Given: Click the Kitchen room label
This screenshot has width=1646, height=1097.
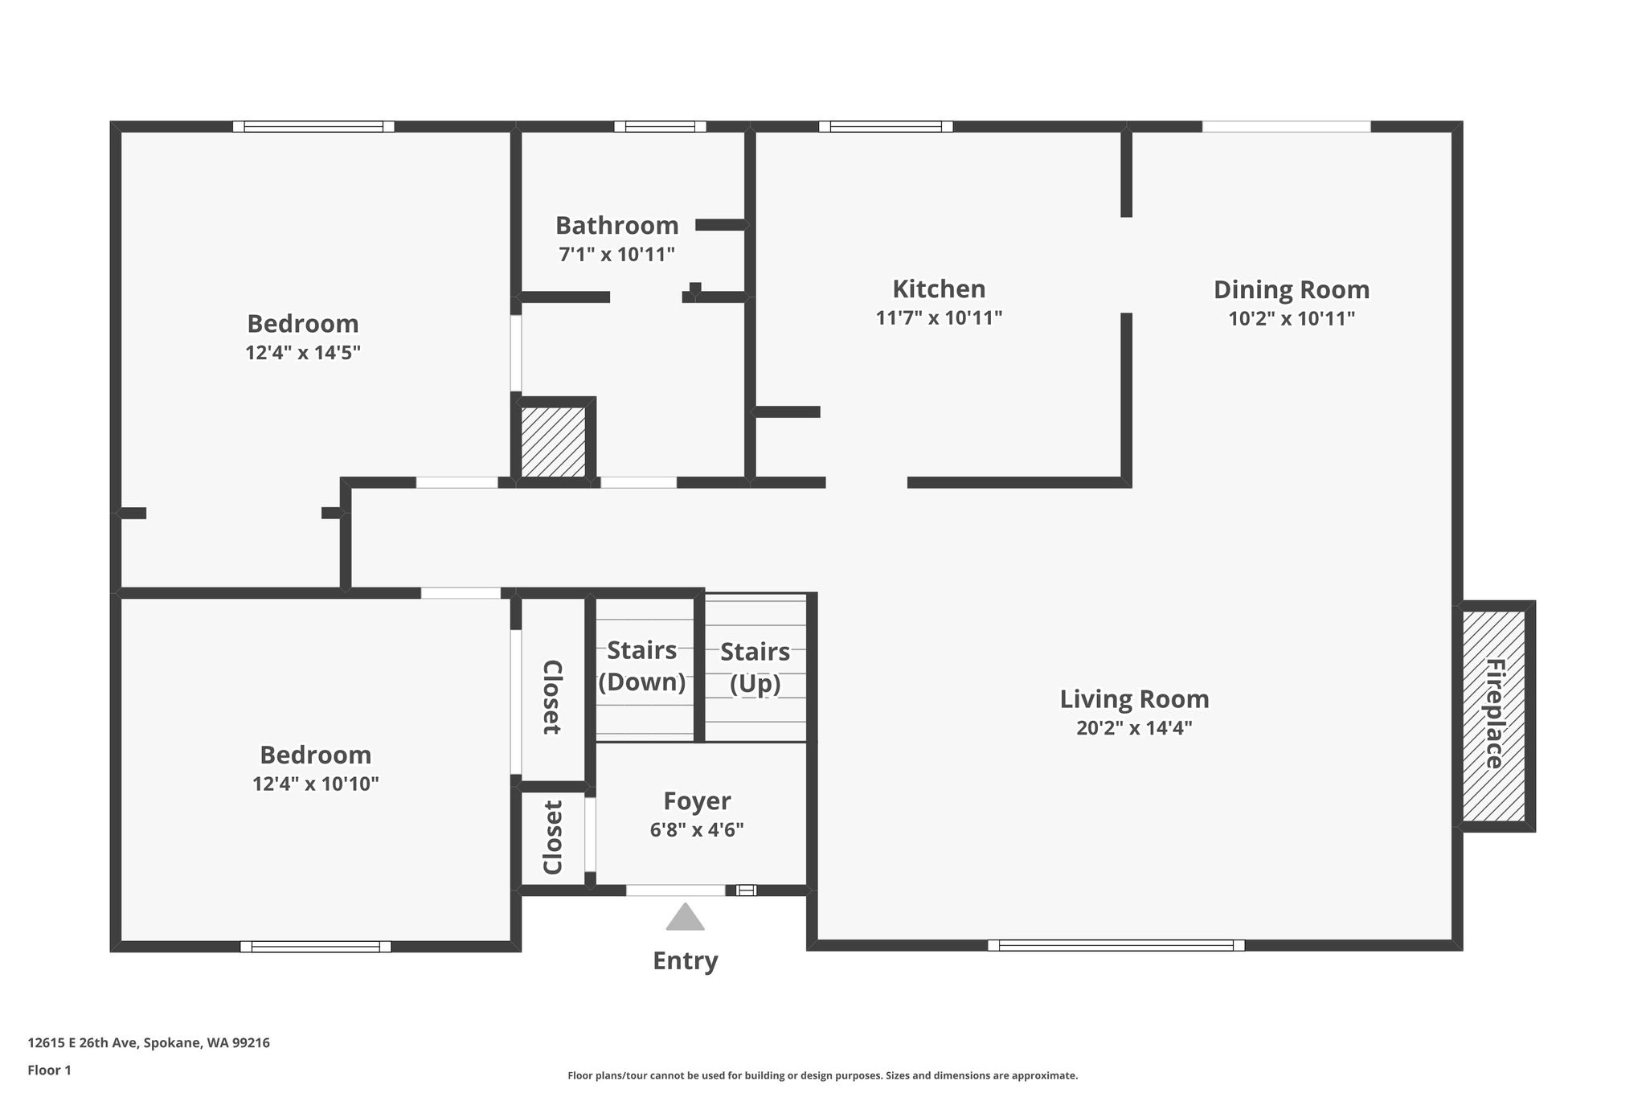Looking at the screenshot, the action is [939, 289].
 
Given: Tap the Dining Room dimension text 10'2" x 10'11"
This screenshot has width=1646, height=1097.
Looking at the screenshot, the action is [1292, 318].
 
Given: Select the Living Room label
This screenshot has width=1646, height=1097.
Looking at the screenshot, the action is [1134, 699].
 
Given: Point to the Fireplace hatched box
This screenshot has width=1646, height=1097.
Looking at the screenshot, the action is [1493, 715].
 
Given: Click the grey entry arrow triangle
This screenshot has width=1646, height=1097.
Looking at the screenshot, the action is [685, 917].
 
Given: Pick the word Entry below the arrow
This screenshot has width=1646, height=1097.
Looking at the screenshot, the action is [685, 961].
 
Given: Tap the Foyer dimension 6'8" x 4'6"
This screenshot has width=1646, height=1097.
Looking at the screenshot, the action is [697, 829].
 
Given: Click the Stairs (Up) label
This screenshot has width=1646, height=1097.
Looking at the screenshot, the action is [755, 668].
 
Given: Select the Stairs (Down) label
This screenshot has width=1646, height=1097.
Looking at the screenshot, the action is [642, 666].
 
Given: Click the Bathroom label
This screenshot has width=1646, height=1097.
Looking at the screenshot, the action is [616, 225].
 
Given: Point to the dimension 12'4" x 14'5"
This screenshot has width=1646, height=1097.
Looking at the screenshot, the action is [303, 353].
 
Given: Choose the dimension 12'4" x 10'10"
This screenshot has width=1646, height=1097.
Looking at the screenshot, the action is [315, 784].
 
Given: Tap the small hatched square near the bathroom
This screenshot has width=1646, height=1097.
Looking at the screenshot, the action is [553, 441].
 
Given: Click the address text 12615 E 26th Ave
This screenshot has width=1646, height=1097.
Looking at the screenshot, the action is [84, 1043].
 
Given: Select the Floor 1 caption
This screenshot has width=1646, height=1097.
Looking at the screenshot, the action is [49, 1070].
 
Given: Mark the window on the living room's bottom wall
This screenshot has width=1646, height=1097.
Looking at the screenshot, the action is [1116, 945].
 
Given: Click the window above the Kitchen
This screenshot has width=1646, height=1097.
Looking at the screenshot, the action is [886, 126].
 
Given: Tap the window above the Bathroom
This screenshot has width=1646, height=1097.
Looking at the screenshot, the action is [660, 126].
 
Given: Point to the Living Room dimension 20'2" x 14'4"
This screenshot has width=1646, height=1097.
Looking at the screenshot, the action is [1134, 728].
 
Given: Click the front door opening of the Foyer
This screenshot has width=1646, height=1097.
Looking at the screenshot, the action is [675, 890].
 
